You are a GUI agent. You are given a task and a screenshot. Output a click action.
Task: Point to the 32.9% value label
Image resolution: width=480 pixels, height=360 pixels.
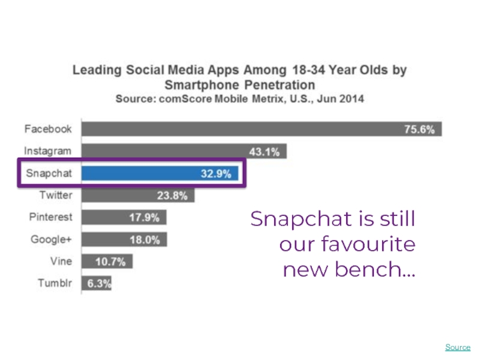pos(215,174)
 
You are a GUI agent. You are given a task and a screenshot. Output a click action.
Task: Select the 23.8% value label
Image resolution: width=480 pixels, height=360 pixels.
pos(172,196)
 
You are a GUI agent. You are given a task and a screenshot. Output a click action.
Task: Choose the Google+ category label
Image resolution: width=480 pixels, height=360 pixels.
pos(51,239)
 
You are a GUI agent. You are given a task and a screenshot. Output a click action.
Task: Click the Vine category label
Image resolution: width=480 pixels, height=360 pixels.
pos(61,262)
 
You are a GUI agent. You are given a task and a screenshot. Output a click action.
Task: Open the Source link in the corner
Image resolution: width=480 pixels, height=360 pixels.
pos(458,347)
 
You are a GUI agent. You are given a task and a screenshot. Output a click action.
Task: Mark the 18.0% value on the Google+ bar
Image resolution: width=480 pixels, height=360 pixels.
pos(145,240)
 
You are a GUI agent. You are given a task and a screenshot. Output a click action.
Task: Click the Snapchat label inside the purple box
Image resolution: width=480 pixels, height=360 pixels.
pos(49,173)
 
